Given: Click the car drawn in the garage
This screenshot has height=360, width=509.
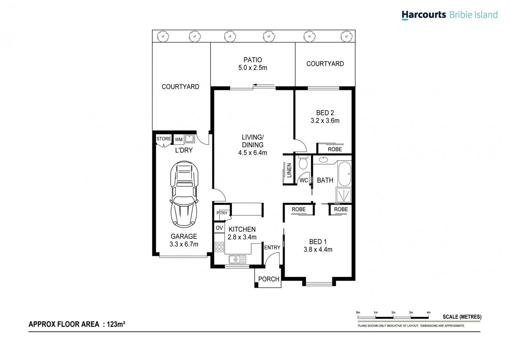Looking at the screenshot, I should [x=184, y=194].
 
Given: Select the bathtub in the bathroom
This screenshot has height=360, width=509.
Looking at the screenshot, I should [x=344, y=174].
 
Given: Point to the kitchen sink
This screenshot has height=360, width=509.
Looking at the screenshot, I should [x=237, y=259].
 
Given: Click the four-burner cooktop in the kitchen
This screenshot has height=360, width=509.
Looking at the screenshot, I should [x=219, y=247].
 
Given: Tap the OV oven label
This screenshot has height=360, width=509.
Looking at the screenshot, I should [x=219, y=228].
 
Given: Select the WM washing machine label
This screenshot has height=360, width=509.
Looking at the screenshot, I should [x=179, y=140].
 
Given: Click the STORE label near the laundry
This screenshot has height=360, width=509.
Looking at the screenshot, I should [x=164, y=139].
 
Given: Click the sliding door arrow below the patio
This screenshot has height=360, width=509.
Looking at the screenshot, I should [x=263, y=85].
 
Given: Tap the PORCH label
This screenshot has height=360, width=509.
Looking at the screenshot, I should [x=268, y=279].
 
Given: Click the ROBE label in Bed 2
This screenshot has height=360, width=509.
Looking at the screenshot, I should [x=334, y=149].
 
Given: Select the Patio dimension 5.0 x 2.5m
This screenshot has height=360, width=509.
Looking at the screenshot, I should [x=253, y=68].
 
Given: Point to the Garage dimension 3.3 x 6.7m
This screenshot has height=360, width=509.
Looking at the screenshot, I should [x=184, y=244].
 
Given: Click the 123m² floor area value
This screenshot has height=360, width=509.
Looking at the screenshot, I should [x=116, y=324].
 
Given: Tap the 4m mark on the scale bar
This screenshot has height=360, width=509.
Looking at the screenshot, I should [x=428, y=313].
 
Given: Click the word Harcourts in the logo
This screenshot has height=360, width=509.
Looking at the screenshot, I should [x=423, y=15].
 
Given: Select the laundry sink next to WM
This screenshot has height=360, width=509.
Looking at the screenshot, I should [x=190, y=138].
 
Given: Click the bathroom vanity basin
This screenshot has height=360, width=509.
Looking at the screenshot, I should [x=323, y=160].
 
